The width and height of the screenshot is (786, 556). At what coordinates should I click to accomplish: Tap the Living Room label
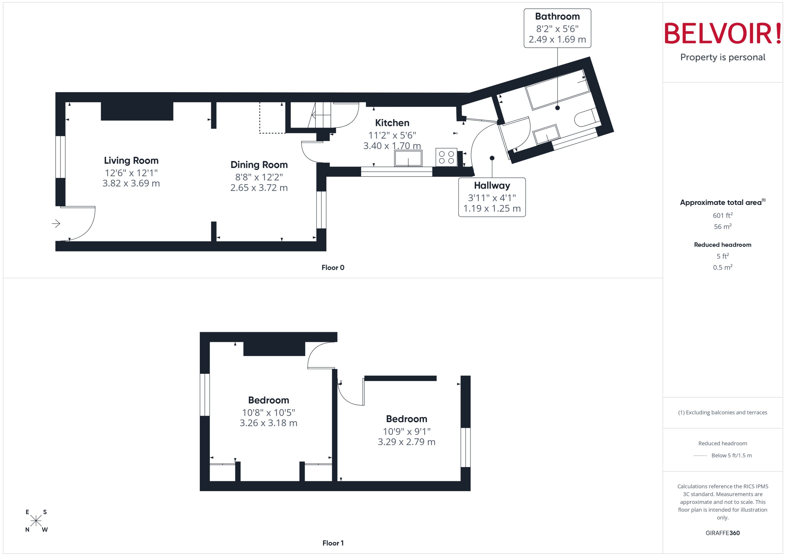tap(131, 160)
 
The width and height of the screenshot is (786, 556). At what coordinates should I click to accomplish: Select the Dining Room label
tap(259, 165)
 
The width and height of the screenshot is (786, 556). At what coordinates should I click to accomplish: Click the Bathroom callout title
tap(557, 16)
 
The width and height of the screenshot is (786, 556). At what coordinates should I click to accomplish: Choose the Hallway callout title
tap(492, 186)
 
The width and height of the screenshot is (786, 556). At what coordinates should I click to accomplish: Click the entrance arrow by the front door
tap(56, 224)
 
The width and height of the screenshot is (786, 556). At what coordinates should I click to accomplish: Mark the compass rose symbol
tap(36, 521)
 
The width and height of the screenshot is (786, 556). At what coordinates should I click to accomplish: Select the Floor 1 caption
tap(333, 543)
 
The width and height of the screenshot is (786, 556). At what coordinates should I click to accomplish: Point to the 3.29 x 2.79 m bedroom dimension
tap(406, 442)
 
